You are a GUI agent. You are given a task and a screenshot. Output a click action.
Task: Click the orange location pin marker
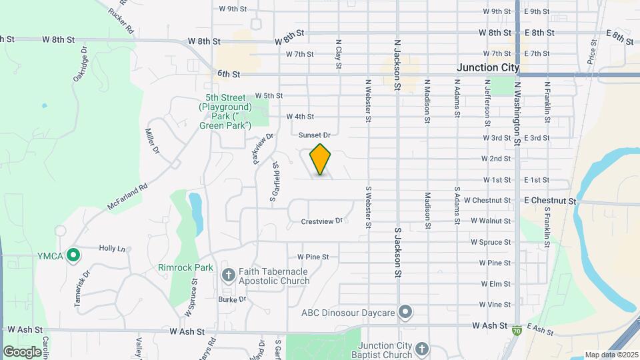pos(321,159)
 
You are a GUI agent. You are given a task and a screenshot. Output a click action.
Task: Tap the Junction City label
pos(488,67)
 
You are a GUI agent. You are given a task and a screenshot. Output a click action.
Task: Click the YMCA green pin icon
pos(73,255)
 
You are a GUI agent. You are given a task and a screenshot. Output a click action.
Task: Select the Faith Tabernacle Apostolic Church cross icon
pos(228,274)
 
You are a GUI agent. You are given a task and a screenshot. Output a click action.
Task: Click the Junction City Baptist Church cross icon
pos(421,349)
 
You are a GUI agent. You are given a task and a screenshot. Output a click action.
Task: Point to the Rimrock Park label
pos(186,267)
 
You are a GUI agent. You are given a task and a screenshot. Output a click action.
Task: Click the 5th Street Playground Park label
pos(225,111)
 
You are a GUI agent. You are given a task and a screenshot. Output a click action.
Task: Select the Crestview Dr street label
pos(321,221)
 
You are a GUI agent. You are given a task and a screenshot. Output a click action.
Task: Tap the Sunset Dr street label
pos(314,135)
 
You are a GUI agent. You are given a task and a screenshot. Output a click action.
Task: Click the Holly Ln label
pos(112,248)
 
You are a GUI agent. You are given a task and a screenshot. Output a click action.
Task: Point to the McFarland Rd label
pos(127,198)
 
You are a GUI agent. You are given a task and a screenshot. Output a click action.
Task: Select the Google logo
pos(22,351)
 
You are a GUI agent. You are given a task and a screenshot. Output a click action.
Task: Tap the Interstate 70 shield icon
pos(517,329)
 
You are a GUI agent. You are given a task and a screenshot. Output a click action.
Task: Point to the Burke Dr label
pos(232,299)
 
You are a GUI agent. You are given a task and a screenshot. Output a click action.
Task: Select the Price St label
pos(592,51)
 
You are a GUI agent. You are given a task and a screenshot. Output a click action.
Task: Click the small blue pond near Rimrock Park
pos(196,211)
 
